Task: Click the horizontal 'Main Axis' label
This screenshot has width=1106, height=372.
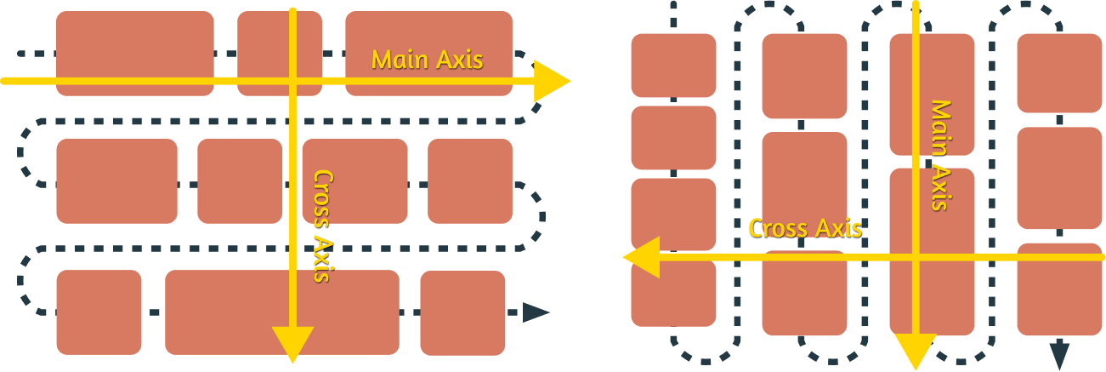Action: point(427,60)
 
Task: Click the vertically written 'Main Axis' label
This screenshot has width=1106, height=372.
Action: point(939,155)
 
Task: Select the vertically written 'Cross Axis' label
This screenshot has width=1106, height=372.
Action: point(323,226)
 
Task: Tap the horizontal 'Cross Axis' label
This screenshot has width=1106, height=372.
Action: point(804,228)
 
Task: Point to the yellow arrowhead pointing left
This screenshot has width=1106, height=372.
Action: point(642,257)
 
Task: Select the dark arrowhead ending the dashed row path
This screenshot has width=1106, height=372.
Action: point(536,312)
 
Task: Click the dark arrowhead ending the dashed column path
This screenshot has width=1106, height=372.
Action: point(1059,352)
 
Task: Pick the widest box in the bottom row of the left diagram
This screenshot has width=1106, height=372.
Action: point(281,312)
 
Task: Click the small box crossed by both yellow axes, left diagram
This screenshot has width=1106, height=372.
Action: point(279,53)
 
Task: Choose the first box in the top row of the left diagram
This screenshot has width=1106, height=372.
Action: point(134,53)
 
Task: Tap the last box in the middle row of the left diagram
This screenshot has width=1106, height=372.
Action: point(469,181)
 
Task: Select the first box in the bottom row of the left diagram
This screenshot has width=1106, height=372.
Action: point(99,312)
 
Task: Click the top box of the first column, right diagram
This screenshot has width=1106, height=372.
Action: point(673,66)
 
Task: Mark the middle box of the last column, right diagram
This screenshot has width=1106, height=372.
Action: point(1059,178)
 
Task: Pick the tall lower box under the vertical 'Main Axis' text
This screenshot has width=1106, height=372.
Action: point(932,251)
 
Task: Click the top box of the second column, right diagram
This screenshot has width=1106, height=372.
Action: point(804,76)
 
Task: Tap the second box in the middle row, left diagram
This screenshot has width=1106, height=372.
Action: point(240,181)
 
